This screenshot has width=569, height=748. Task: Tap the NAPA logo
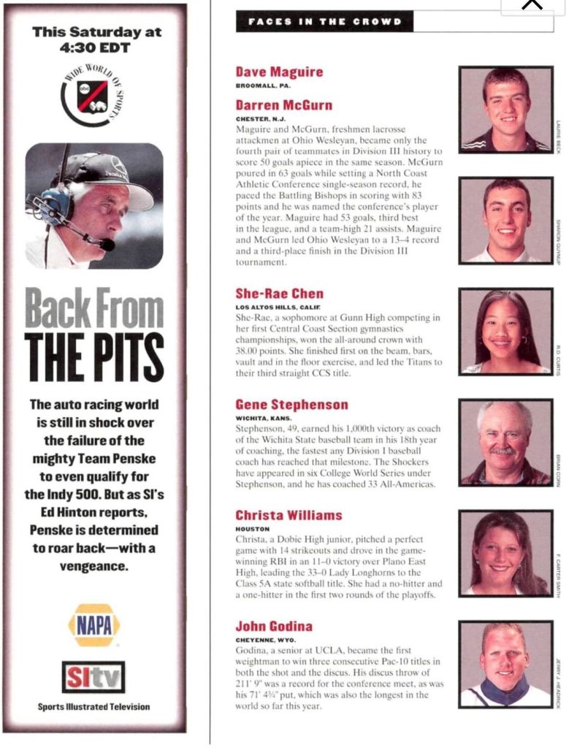pos(94,625)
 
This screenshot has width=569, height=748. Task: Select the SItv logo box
pos(93,677)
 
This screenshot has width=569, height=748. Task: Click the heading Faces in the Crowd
pos(324,22)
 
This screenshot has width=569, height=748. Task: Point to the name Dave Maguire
pos(279,72)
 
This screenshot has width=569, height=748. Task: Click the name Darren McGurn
pos(283,105)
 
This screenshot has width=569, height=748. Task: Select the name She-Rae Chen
pos(279,294)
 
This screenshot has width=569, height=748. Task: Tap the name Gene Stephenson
pos(291,405)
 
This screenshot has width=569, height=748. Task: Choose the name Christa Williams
pos(289,516)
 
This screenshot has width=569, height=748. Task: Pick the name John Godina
pos(274,626)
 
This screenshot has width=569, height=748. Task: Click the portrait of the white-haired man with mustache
pos(505,442)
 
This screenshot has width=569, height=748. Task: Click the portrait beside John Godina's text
pos(505,663)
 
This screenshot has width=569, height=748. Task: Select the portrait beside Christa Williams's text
pos(505,553)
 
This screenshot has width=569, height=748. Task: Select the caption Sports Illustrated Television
pos(93,706)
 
